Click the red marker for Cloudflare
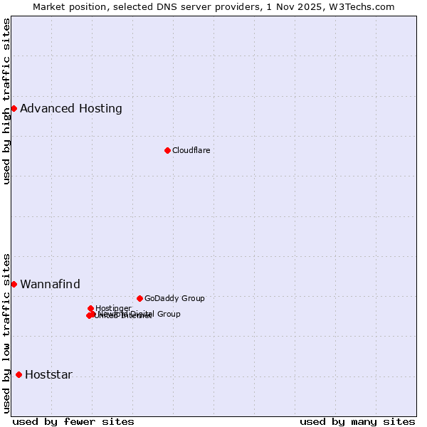[167, 150]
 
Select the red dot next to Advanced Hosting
[14, 108]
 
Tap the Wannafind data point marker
[14, 284]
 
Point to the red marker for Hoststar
[19, 374]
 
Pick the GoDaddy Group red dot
[139, 298]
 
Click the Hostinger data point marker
[90, 308]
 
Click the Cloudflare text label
[191, 150]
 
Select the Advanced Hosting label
[71, 108]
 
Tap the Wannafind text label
[50, 284]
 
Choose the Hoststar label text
[48, 374]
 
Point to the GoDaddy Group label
[174, 298]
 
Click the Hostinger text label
[113, 308]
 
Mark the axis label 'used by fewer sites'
[73, 421]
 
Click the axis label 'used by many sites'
[357, 421]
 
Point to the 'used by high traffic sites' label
[6, 101]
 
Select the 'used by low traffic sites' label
[6, 332]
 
